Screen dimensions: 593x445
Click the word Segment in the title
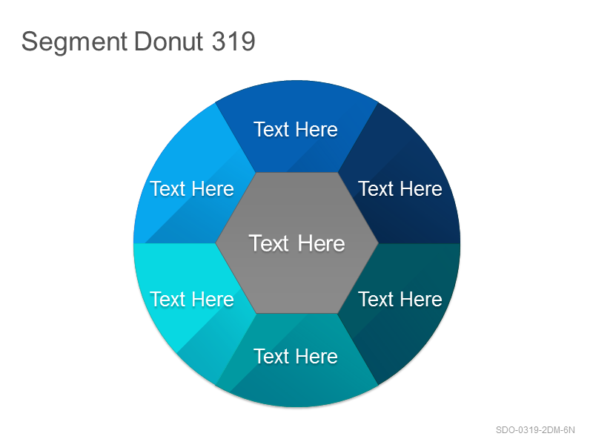click(74, 42)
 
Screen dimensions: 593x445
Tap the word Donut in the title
click(169, 41)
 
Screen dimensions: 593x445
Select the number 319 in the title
click(233, 41)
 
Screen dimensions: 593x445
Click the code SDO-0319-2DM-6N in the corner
click(535, 430)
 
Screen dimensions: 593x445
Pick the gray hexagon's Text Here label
click(297, 243)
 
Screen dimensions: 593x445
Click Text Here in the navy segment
click(400, 188)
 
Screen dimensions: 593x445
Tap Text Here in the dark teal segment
click(400, 300)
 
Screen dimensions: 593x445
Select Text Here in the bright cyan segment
click(192, 300)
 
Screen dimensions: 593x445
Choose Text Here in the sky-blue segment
click(192, 188)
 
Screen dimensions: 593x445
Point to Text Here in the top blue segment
click(296, 129)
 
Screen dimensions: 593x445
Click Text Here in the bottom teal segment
click(296, 356)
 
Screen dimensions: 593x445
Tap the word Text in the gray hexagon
click(269, 243)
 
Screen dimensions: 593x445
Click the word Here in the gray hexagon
click(322, 243)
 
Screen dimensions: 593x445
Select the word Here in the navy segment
click(421, 188)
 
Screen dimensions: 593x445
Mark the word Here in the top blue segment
click(317, 129)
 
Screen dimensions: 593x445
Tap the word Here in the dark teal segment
click(421, 300)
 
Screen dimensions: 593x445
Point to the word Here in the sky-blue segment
click(213, 188)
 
